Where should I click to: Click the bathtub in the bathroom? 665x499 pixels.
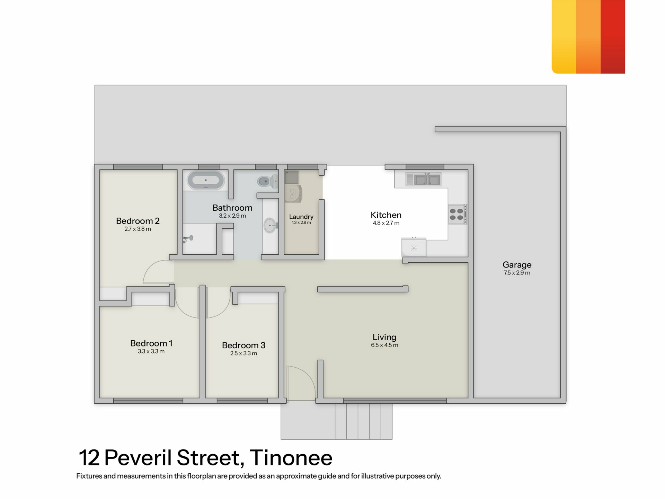click(206, 180)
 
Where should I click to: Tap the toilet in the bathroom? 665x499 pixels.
click(267, 181)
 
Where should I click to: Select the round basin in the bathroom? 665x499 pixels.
click(271, 226)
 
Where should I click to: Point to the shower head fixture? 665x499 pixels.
click(188, 238)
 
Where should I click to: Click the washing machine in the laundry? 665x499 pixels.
click(293, 193)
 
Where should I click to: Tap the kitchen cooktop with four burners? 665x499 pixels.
click(457, 214)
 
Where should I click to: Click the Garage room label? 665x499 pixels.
click(517, 265)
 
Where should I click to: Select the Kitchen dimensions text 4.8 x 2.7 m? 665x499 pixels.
click(386, 223)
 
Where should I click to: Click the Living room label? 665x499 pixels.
click(384, 337)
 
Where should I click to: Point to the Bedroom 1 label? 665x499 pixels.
click(151, 343)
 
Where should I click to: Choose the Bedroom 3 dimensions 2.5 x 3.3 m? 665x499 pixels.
click(243, 353)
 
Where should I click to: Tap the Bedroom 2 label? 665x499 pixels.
click(138, 221)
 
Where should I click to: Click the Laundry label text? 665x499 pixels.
click(301, 217)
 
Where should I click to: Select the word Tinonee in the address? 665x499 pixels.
click(291, 458)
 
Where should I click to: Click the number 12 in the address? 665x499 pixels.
click(89, 458)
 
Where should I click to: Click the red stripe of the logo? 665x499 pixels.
click(613, 37)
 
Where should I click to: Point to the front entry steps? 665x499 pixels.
click(364, 421)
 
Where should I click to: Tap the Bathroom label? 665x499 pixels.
click(232, 208)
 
